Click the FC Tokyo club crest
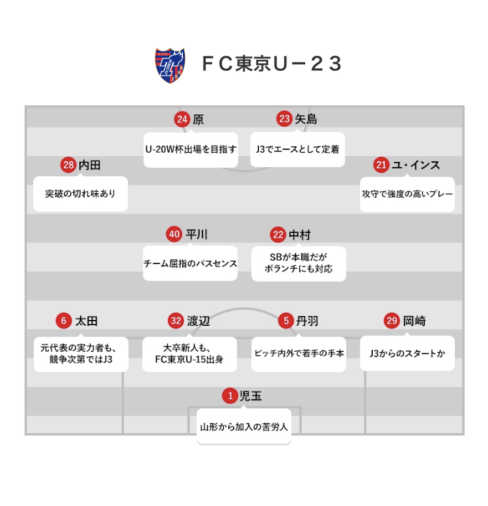tap(170, 64)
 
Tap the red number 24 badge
tap(182, 119)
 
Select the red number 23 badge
tap(284, 119)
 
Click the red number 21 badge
tap(381, 165)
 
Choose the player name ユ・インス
tap(416, 165)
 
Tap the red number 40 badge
tap(174, 234)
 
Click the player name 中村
tap(300, 234)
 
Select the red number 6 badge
tap(63, 321)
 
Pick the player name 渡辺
tap(198, 321)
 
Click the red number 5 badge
tap(286, 321)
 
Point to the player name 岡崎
tap(414, 321)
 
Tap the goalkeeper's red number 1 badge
tap(230, 395)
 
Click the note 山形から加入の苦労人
tap(244, 427)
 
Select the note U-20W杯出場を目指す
tap(191, 149)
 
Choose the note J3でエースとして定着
tap(297, 149)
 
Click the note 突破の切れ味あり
tap(80, 194)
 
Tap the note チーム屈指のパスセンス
tap(190, 263)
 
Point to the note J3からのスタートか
tap(407, 353)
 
